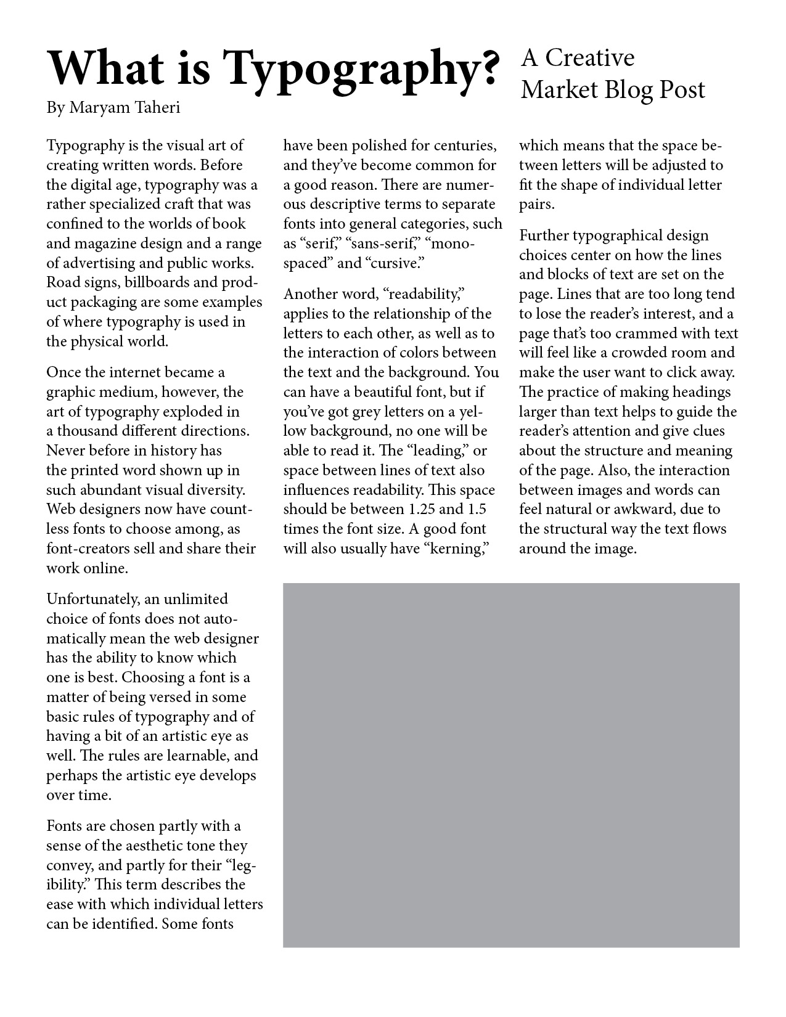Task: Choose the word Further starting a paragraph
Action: (x=544, y=235)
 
